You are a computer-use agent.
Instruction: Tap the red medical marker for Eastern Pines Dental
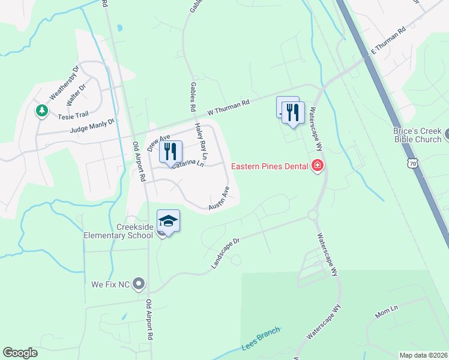318,166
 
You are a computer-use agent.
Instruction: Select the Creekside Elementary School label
118,231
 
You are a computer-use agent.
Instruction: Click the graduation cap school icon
168,221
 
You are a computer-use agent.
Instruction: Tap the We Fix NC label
110,283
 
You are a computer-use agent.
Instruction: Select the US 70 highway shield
411,163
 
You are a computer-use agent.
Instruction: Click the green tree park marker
41,111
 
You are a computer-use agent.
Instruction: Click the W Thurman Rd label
228,107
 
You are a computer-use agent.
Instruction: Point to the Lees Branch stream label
261,339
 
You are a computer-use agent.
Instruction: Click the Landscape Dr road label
225,253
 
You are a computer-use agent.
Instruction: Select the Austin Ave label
219,199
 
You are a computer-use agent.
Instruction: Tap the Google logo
20,353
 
